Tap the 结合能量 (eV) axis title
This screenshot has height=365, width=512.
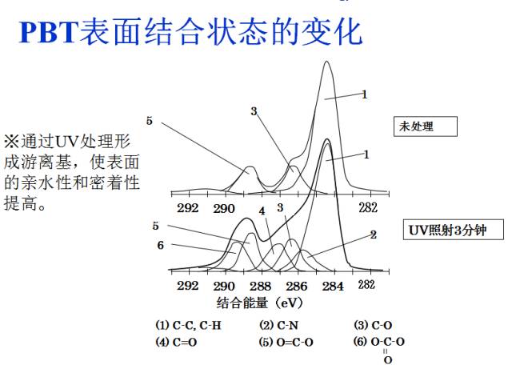(x=257, y=303)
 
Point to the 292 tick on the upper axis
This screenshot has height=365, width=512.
(x=188, y=207)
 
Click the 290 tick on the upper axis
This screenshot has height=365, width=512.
(x=223, y=207)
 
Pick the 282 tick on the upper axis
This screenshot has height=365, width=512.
(x=367, y=207)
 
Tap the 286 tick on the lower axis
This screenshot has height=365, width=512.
(x=295, y=286)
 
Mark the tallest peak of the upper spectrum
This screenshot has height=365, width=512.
(x=326, y=62)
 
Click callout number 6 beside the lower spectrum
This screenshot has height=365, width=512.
(x=160, y=245)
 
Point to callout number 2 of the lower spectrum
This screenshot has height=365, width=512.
(x=373, y=235)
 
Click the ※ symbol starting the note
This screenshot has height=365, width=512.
(x=11, y=140)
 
